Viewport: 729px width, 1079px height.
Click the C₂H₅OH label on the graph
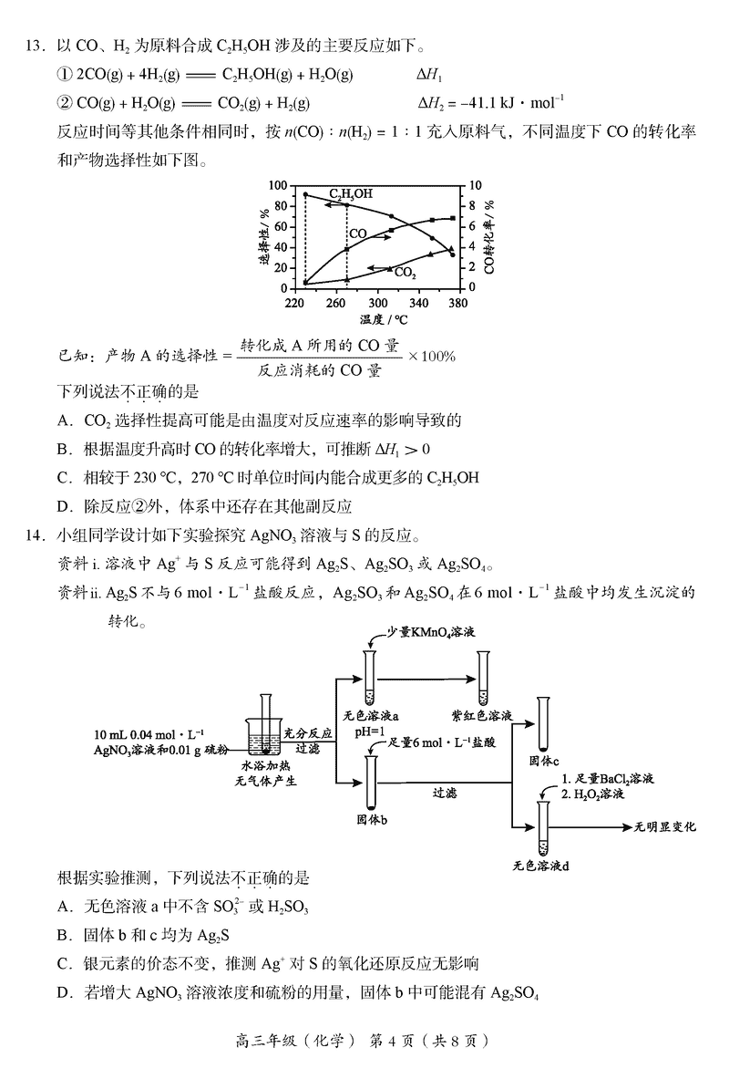(x=351, y=194)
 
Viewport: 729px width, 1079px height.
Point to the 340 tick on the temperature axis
(x=418, y=302)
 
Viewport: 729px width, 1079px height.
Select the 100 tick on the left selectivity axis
(x=276, y=185)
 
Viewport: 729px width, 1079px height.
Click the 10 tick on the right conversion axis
(x=475, y=185)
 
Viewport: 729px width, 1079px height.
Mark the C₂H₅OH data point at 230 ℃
(x=305, y=194)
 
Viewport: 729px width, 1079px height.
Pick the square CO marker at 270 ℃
(x=347, y=249)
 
